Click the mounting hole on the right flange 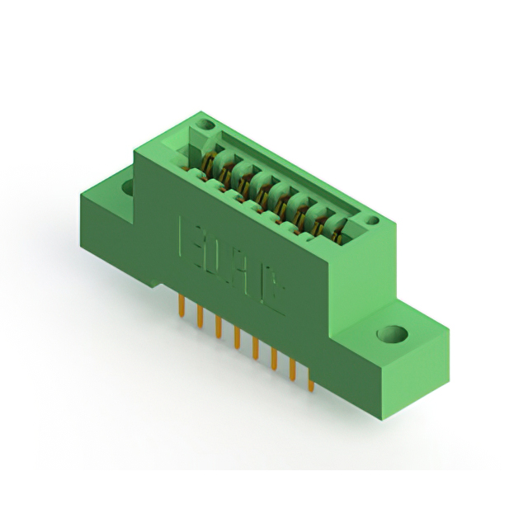tap(394, 334)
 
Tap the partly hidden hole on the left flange tap(128, 187)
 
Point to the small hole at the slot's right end tap(372, 220)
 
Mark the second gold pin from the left tap(200, 317)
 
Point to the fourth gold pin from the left tap(237, 337)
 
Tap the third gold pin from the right tap(273, 359)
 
